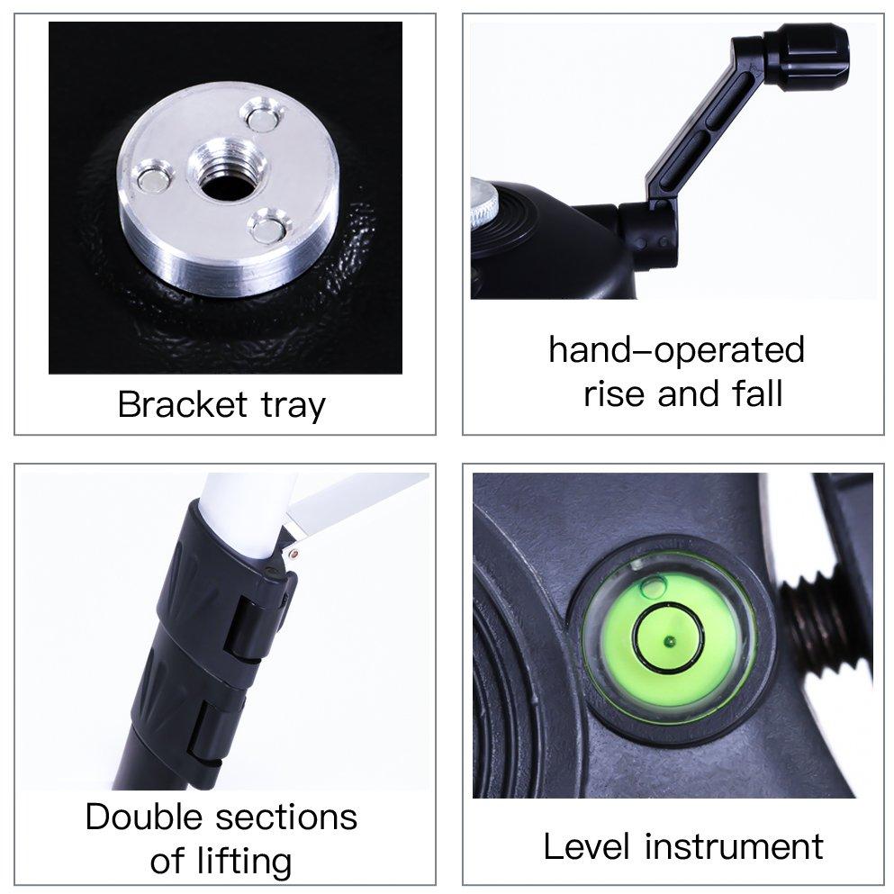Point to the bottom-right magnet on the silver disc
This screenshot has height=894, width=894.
267,226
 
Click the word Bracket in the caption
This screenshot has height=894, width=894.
183,404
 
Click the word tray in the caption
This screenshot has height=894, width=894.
293,407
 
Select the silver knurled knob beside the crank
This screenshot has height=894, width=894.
484,204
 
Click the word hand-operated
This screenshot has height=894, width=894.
676,350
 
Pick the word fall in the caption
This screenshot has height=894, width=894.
757,393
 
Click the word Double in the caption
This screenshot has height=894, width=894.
143,817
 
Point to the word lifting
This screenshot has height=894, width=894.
244,863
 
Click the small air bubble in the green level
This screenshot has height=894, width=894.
654,587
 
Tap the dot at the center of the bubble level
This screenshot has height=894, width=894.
668,643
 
